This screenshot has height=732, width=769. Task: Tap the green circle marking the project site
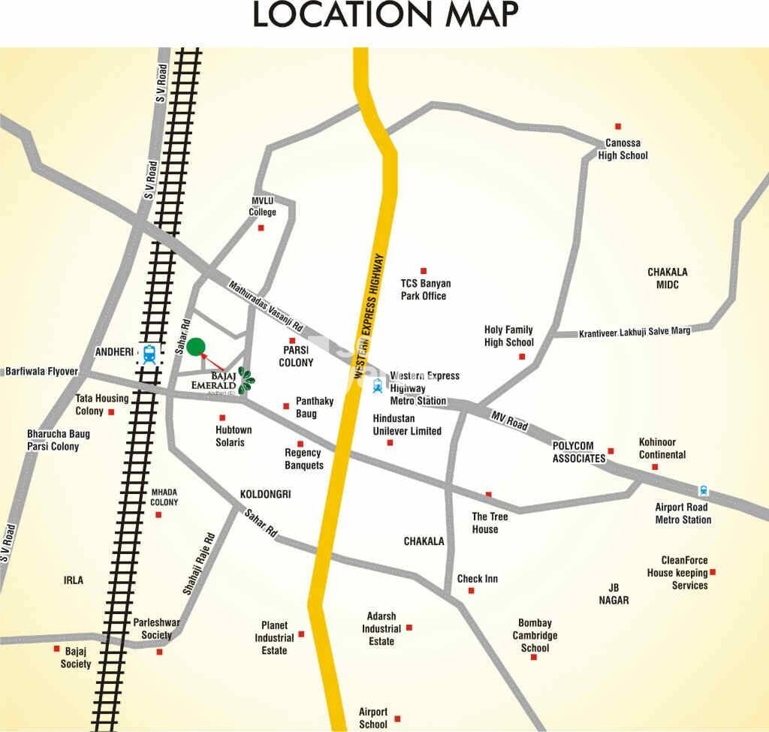pos(196,346)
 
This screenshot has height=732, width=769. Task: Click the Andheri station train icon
pos(149,353)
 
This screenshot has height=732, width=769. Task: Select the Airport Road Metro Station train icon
pos(703,490)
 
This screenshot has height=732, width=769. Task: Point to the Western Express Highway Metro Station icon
pos(377,386)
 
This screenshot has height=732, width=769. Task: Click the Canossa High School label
pos(623,149)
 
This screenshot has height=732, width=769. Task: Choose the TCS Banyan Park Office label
pos(425,289)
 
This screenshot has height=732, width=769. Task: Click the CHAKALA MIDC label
pos(667,278)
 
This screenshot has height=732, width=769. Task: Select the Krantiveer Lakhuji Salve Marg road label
pos(634,331)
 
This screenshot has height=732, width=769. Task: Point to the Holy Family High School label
pos(508,336)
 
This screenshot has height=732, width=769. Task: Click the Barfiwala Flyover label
pos(41,371)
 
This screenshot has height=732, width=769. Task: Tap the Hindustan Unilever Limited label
pos(407,425)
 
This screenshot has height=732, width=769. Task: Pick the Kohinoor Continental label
pos(662,448)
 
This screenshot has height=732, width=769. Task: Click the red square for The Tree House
pos(488,494)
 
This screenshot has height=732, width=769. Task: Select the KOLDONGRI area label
pos(265,494)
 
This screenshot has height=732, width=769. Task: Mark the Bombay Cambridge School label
pos(535,635)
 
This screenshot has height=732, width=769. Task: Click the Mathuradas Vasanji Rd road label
pos(265,306)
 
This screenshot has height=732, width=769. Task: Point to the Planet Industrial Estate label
pos(274,637)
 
